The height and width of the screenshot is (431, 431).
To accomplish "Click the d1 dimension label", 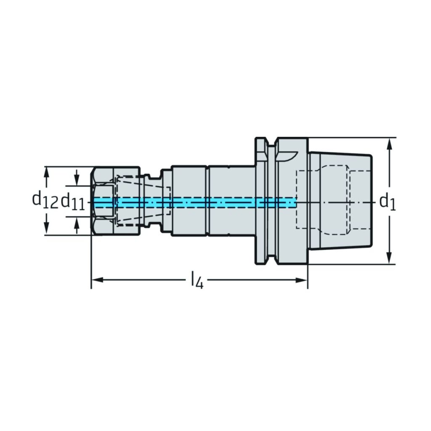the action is click(388, 203).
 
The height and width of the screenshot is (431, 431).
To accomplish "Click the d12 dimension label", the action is click(45, 200).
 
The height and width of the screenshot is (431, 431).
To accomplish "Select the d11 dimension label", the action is click(73, 202).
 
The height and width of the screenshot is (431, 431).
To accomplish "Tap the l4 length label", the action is click(197, 280).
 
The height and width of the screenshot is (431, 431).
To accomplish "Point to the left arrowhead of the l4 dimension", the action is click(97, 280).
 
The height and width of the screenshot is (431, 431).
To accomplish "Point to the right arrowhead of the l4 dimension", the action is click(301, 280).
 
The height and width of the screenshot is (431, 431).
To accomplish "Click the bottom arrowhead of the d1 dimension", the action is click(389, 258).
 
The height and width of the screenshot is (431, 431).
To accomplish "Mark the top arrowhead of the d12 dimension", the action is click(47, 173).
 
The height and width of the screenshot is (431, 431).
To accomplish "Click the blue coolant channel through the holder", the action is click(194, 202).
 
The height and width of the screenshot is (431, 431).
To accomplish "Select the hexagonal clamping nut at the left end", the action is click(115, 201).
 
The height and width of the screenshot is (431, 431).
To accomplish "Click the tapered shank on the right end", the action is click(340, 201).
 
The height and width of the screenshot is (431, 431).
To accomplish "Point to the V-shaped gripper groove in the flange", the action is click(271, 201).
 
